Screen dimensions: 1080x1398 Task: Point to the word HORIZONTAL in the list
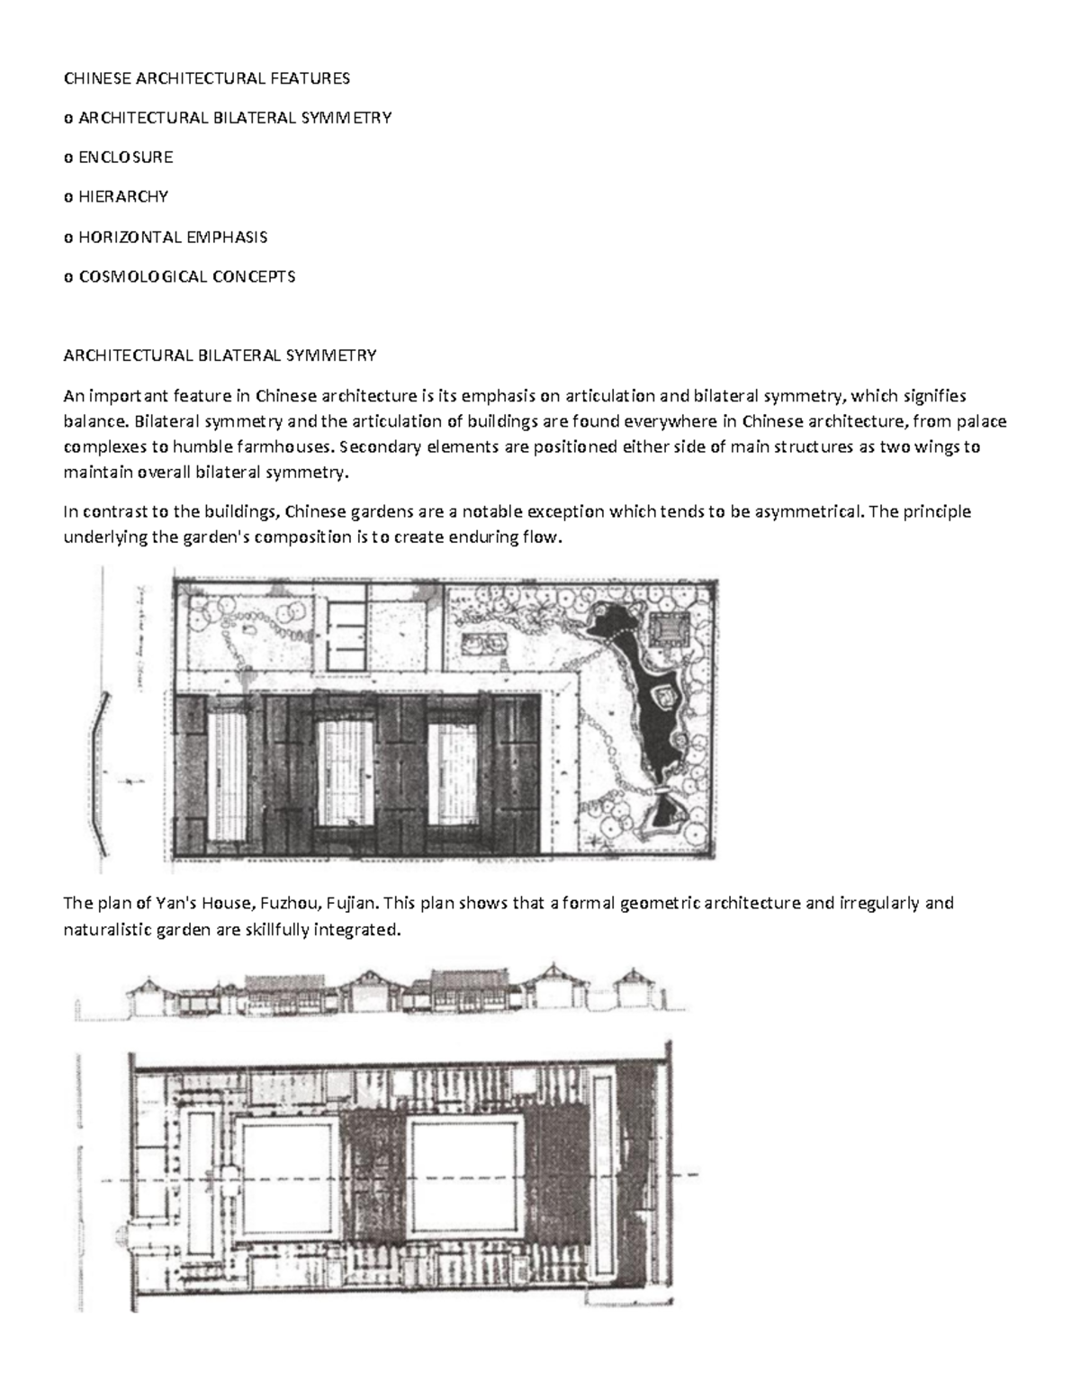129,238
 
